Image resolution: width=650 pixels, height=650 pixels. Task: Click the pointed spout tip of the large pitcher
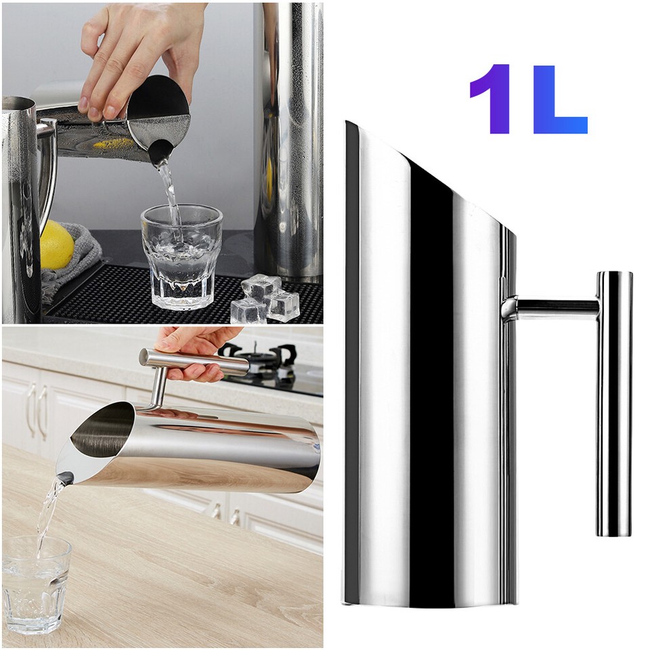(349, 125)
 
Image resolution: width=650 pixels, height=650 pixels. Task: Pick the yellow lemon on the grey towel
(57, 246)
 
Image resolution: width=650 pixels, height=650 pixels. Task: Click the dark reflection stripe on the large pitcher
(431, 379)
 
